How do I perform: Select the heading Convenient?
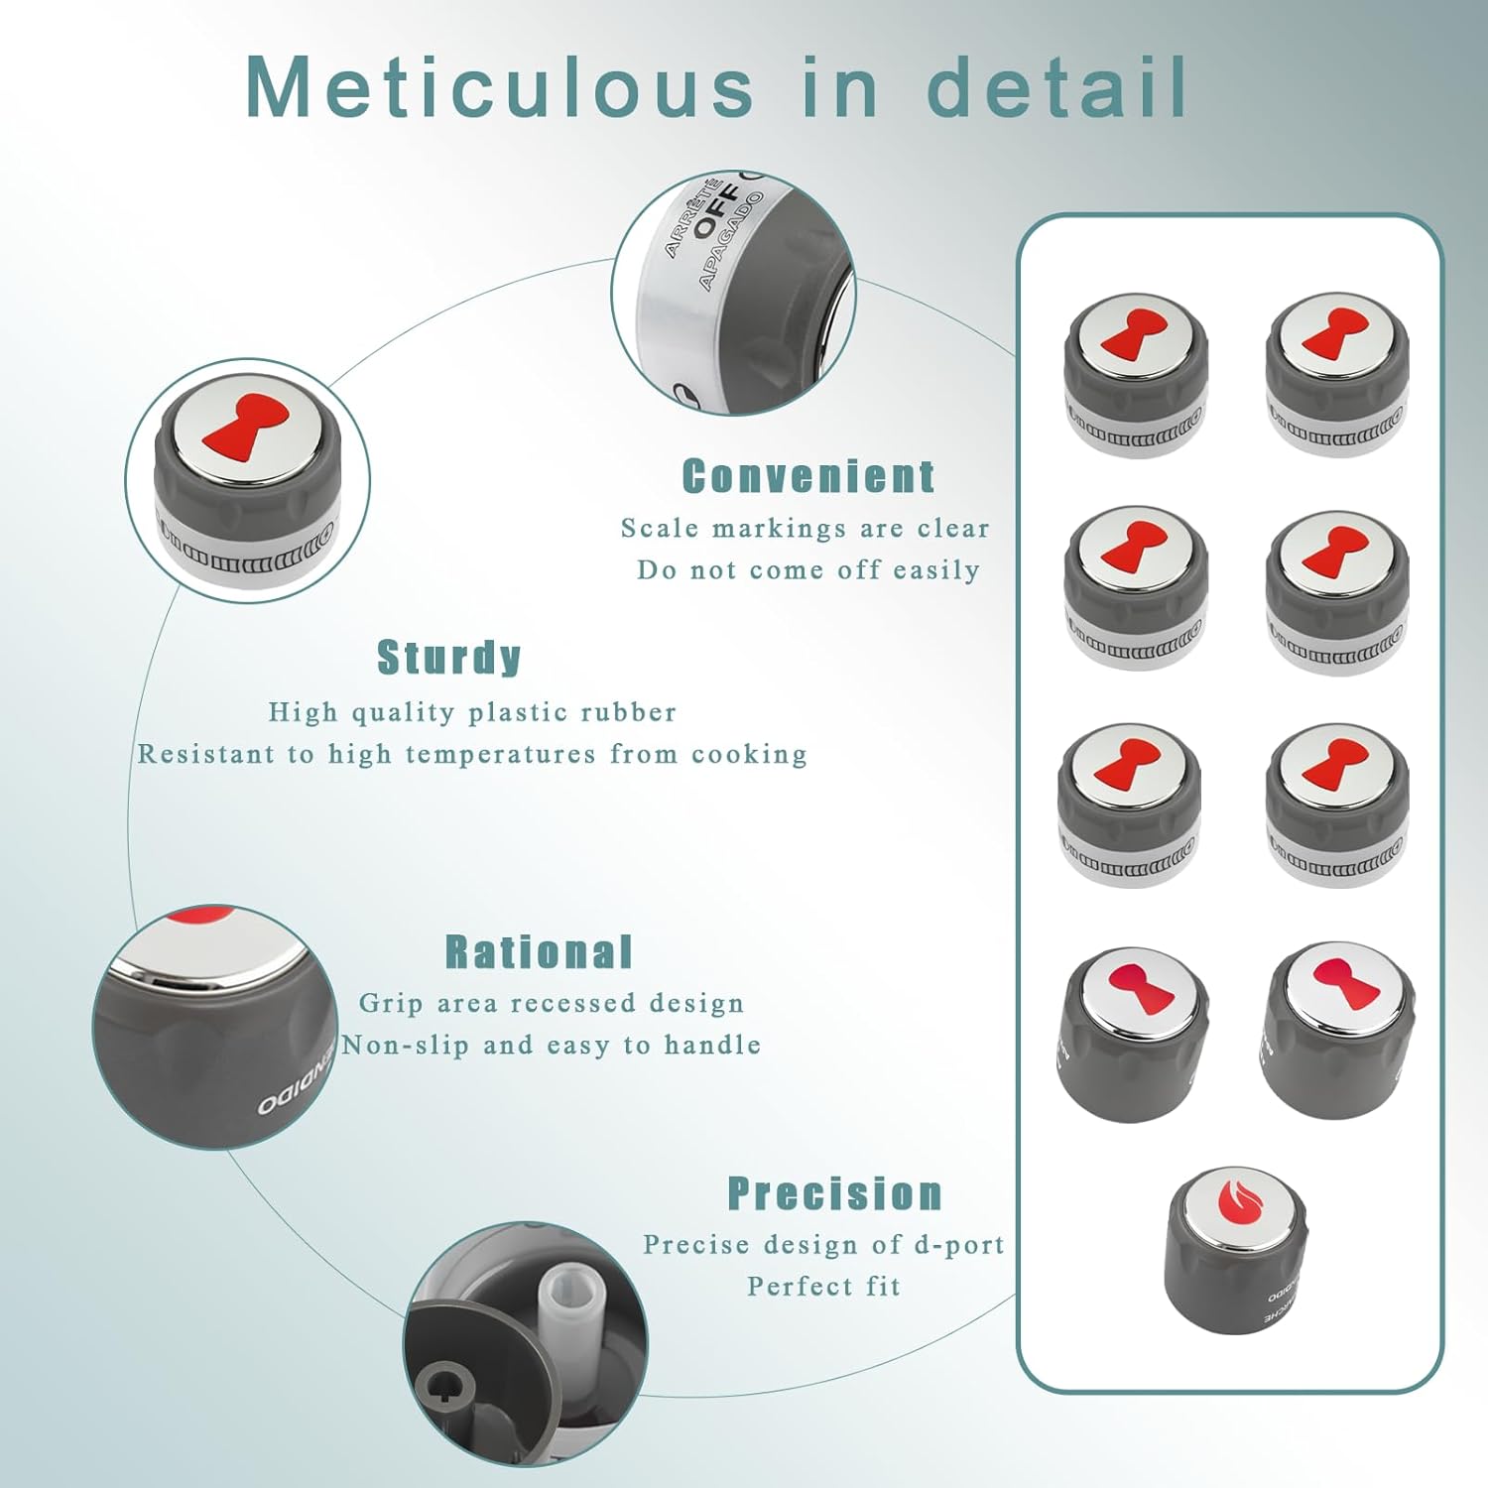point(808,477)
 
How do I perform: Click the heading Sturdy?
point(449,658)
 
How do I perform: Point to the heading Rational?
point(539,952)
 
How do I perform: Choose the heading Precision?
point(835,1193)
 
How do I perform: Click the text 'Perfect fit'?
point(824,1287)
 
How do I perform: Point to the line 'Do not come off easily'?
point(808,570)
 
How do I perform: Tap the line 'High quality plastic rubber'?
point(472,712)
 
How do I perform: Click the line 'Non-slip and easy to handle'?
point(552,1046)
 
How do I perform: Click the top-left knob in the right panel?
point(1135,375)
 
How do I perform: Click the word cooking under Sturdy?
point(750,755)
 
